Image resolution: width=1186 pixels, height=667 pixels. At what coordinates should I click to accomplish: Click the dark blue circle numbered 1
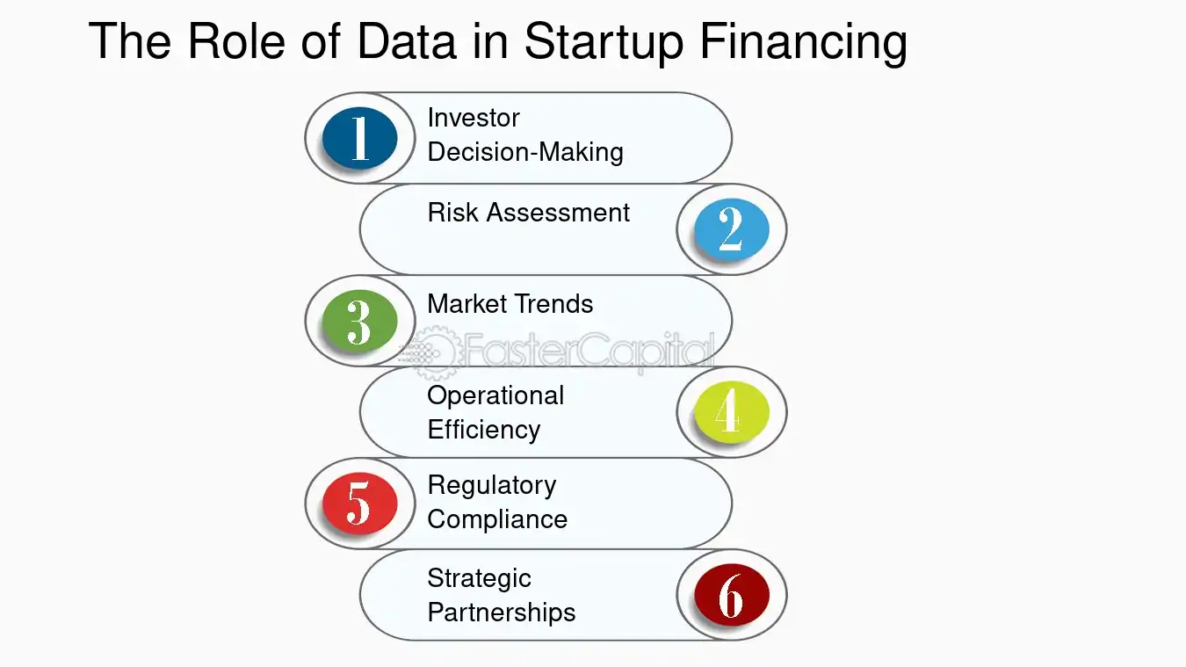359,138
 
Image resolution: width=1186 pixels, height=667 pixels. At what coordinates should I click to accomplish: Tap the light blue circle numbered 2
731,228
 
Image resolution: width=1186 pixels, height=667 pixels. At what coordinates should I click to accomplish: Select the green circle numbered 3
359,321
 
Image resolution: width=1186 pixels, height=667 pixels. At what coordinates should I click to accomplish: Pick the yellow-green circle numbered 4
731,411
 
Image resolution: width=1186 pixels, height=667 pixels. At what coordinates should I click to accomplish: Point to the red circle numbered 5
359,504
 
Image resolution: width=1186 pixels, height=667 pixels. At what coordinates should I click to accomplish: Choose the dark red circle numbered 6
731,595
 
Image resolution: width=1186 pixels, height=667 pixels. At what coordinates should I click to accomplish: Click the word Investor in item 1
474,118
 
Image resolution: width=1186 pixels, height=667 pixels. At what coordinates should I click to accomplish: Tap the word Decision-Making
525,152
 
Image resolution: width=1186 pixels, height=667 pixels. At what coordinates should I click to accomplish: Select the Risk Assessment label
528,213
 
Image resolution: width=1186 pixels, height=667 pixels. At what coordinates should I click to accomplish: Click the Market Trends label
510,304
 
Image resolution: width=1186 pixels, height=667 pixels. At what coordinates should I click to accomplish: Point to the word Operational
495,395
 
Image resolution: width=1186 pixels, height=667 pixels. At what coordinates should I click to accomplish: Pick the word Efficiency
483,430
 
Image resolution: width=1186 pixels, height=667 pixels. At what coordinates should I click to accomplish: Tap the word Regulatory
491,485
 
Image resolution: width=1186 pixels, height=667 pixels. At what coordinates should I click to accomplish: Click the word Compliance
497,519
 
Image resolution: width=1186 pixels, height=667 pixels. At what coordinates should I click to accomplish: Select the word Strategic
479,578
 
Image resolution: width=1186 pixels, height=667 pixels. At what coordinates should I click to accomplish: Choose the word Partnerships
501,613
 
